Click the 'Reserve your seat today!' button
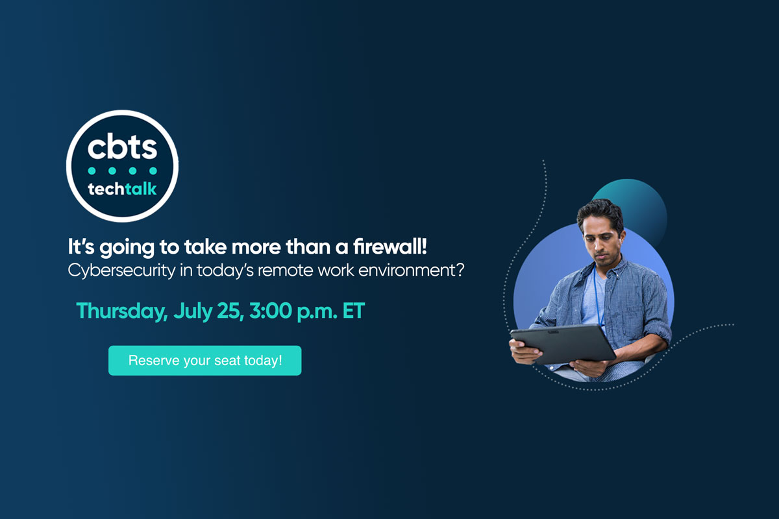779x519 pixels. click(204, 360)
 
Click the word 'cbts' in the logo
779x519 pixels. click(123, 147)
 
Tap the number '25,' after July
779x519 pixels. click(227, 311)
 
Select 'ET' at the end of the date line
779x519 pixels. click(352, 311)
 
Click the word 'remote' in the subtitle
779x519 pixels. click(284, 270)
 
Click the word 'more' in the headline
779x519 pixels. click(247, 247)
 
